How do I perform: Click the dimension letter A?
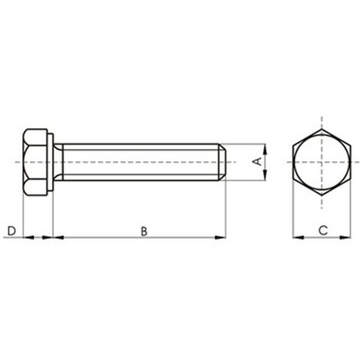coord(256,162)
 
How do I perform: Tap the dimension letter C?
coord(323,229)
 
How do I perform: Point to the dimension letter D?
coord(11,230)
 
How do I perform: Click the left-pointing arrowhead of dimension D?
coord(28,237)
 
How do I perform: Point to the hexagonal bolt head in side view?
coord(33,162)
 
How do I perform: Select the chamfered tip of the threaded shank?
coord(223,162)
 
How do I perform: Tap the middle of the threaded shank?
coord(138,162)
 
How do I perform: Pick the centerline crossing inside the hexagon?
coord(322,162)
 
